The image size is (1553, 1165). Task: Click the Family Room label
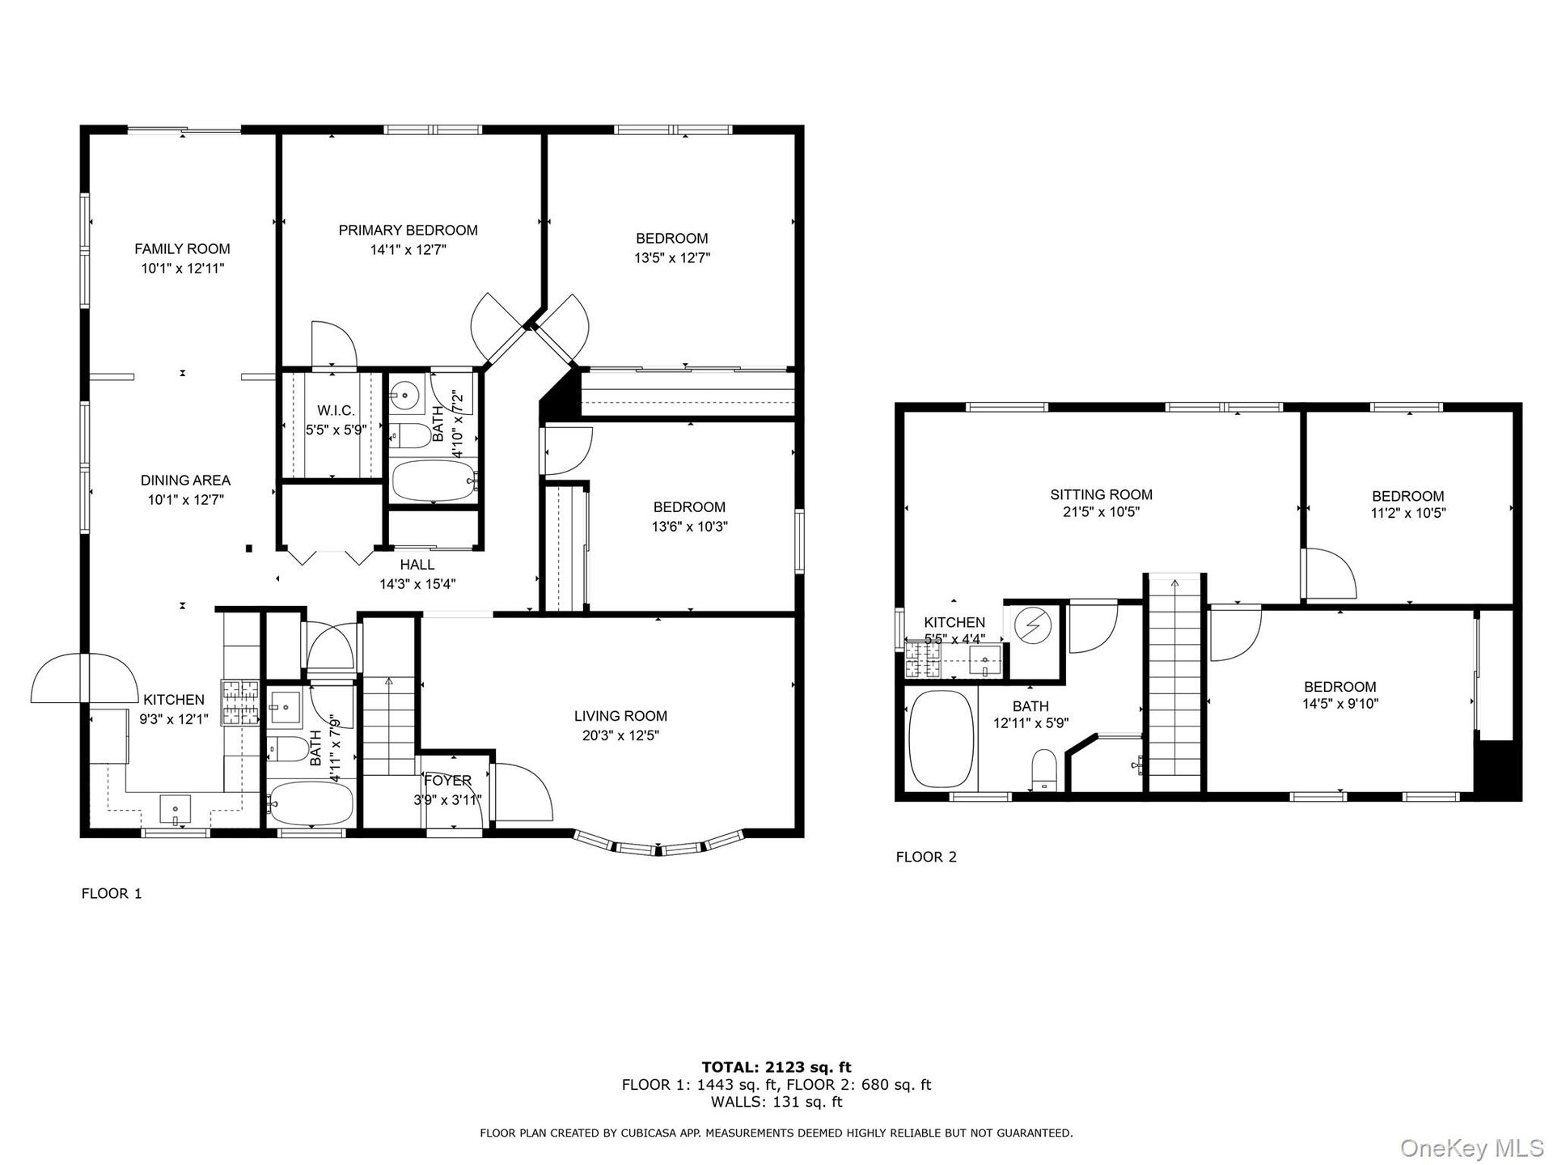[182, 249]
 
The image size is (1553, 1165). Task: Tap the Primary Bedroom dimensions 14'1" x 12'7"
[408, 250]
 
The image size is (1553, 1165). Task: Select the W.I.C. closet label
[336, 411]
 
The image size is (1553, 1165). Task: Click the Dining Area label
[185, 481]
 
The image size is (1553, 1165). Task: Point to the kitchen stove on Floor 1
[240, 702]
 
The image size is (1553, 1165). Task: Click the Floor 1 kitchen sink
[176, 808]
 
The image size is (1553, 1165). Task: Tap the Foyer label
[447, 781]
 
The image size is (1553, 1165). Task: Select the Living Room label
[620, 716]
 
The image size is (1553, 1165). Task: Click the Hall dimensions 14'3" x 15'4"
[417, 584]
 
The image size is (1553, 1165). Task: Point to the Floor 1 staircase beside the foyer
[389, 727]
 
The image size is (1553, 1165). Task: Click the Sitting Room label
[1101, 495]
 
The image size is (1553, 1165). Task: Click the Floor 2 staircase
[1174, 684]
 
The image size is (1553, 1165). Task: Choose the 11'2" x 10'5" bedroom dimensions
[1407, 513]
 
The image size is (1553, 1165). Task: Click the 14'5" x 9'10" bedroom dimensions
[1339, 704]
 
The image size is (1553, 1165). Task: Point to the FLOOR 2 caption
[926, 857]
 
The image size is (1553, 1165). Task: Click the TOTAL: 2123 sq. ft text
[776, 1068]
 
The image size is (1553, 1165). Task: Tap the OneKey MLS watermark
[1472, 1148]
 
